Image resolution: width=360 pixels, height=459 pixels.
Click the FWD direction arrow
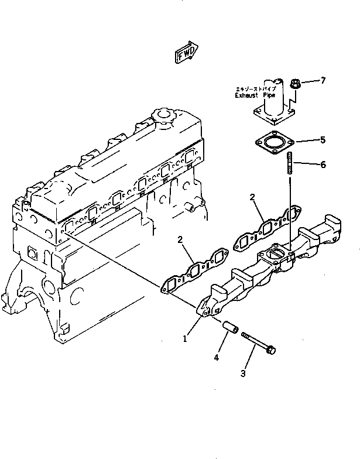point(186,53)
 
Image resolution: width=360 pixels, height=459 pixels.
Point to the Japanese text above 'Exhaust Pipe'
point(252,88)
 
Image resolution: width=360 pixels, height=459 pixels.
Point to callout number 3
point(243,372)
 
